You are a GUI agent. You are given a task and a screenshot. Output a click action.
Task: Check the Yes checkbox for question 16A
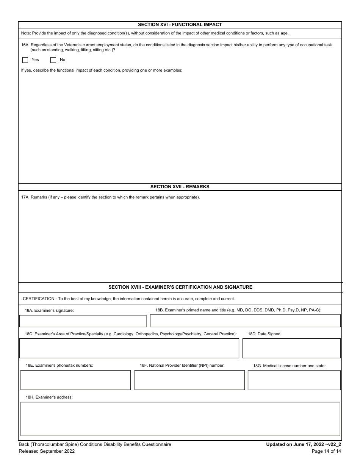pyautogui.click(x=25, y=60)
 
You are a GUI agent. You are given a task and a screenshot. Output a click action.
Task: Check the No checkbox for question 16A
pyautogui.click(x=53, y=60)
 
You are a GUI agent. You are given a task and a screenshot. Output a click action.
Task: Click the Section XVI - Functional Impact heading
pyautogui.click(x=180, y=25)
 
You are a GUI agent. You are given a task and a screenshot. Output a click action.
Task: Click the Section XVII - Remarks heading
pyautogui.click(x=180, y=187)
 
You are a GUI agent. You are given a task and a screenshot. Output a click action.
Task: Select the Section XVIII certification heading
pyautogui.click(x=180, y=287)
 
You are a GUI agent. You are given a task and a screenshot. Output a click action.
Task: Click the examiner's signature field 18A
pyautogui.click(x=83, y=321)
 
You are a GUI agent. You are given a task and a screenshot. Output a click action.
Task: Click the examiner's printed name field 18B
pyautogui.click(x=245, y=321)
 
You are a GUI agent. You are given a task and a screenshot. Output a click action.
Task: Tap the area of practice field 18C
pyautogui.click(x=129, y=348)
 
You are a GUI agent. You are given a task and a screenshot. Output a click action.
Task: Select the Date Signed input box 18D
pyautogui.click(x=291, y=348)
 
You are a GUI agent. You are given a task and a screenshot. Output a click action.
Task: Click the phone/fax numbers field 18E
pyautogui.click(x=75, y=380)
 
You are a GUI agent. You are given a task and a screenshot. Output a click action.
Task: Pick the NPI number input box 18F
pyautogui.click(x=189, y=380)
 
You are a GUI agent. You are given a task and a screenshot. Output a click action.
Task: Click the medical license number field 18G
pyautogui.click(x=294, y=380)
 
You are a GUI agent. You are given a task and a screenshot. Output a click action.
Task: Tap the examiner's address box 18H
pyautogui.click(x=180, y=419)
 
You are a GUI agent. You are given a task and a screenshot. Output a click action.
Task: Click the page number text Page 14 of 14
pyautogui.click(x=326, y=451)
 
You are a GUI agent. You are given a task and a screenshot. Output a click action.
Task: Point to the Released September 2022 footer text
pyautogui.click(x=47, y=451)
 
